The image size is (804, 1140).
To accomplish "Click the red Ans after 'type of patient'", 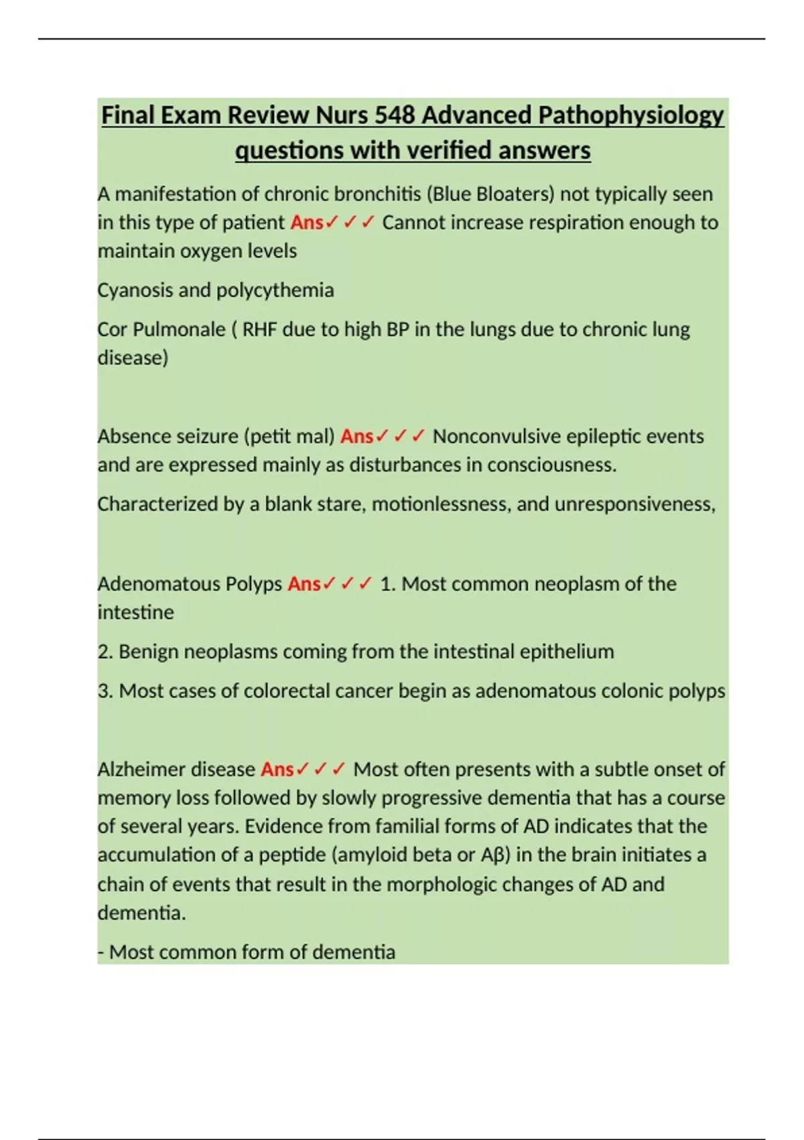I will pyautogui.click(x=307, y=223).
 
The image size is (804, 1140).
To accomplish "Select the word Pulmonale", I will pyautogui.click(x=179, y=329).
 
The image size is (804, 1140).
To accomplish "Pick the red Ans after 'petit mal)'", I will pyautogui.click(x=356, y=437).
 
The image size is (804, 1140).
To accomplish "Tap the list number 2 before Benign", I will pyautogui.click(x=103, y=652).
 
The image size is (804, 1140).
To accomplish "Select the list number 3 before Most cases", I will pyautogui.click(x=103, y=691).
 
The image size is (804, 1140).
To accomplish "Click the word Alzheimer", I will pyautogui.click(x=143, y=769).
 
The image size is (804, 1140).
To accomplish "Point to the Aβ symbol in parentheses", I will pyautogui.click(x=490, y=855).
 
